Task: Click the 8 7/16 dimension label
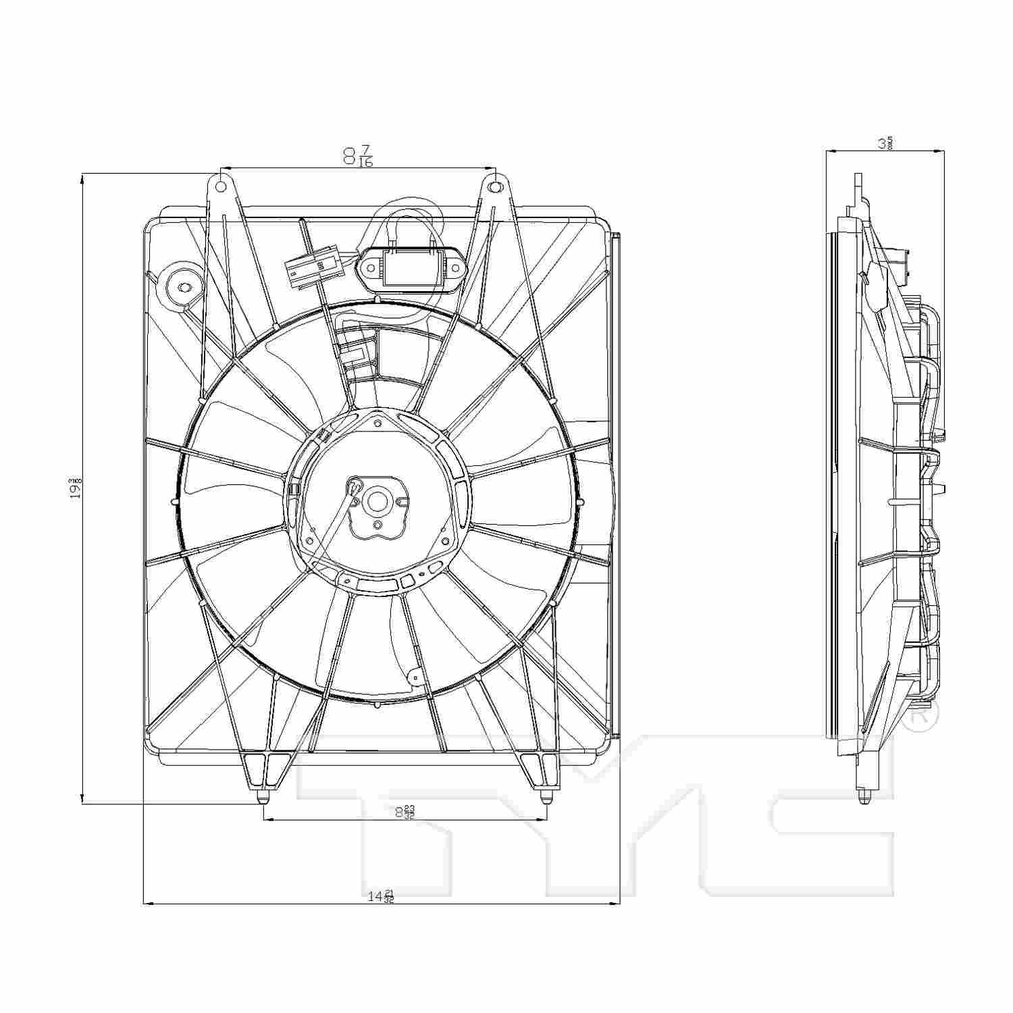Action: tap(358, 156)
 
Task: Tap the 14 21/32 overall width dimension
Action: tap(381, 897)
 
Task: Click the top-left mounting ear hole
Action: tap(220, 185)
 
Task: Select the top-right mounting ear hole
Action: tap(495, 186)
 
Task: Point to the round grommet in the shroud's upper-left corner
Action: tap(181, 286)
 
